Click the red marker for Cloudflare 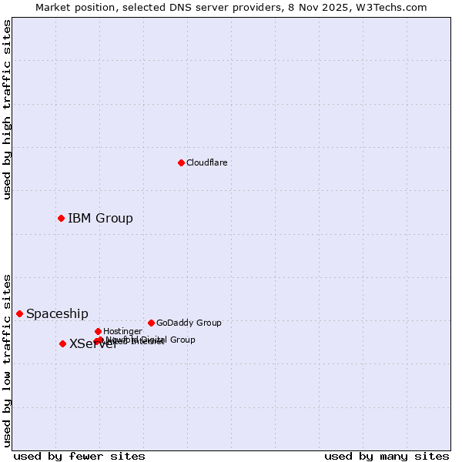pos(181,162)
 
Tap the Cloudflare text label pos(206,162)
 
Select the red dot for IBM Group pos(61,218)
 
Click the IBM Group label pos(100,218)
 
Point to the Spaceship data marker pos(19,313)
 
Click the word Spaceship pos(57,313)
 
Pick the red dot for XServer pos(62,343)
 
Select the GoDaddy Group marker pos(151,323)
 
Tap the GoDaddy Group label pos(189,323)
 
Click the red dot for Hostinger pos(98,331)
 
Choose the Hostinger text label pos(122,331)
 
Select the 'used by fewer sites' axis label pos(79,456)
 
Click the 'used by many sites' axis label pos(387,456)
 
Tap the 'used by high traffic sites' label pos(7,110)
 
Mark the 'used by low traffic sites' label pos(7,360)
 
